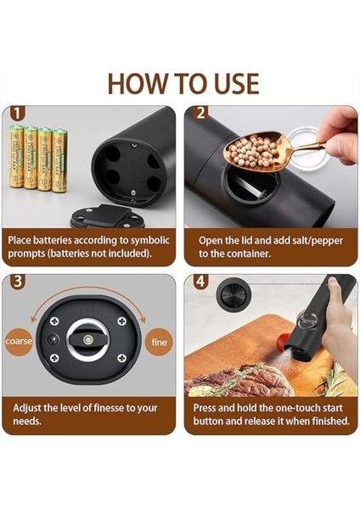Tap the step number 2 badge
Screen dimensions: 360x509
click(x=200, y=114)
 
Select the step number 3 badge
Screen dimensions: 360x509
click(x=18, y=281)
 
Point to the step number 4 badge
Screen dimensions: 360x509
click(x=201, y=281)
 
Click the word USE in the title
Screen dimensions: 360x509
click(x=236, y=84)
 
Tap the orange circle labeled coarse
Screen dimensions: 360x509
click(x=19, y=341)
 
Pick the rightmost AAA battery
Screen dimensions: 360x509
click(x=59, y=160)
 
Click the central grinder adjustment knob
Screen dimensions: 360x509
click(x=87, y=340)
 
